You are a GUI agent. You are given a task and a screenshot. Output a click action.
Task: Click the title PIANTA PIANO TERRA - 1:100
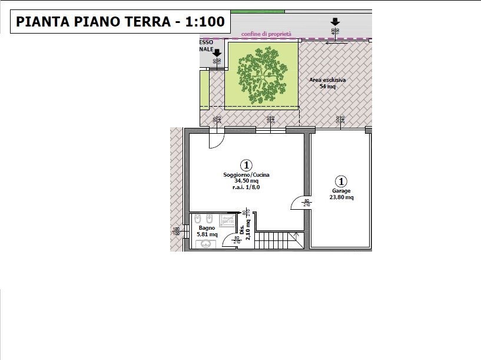(x=120, y=22)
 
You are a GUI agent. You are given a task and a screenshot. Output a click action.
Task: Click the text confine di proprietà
(x=267, y=34)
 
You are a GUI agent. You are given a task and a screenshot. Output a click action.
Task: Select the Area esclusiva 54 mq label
(x=327, y=82)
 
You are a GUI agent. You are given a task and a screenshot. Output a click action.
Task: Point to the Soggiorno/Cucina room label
(x=246, y=175)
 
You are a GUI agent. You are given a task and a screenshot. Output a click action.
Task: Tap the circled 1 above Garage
(x=341, y=181)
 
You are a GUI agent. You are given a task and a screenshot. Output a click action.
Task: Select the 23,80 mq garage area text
(x=341, y=197)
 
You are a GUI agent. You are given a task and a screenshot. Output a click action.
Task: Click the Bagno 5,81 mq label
(x=207, y=231)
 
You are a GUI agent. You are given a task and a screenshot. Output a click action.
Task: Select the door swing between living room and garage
(x=298, y=202)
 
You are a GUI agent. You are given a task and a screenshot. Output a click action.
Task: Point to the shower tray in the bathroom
(x=227, y=220)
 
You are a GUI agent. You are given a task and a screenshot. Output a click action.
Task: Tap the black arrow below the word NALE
(x=216, y=53)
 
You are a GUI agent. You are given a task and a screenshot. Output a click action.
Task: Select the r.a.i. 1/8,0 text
(x=246, y=187)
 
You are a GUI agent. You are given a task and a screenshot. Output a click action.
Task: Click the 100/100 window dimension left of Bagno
(x=176, y=231)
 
